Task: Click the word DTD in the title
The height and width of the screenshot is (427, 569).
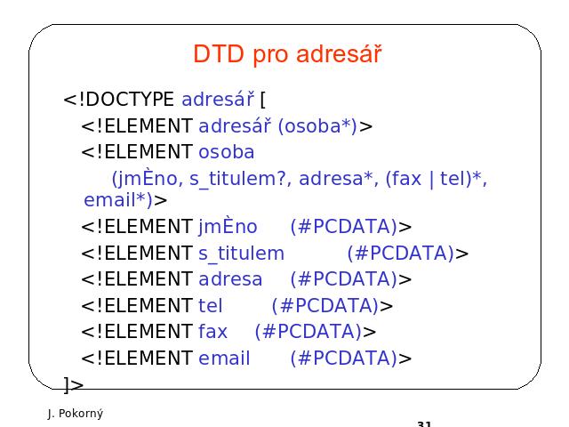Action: point(219,54)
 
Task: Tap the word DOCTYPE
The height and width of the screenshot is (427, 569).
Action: point(130,99)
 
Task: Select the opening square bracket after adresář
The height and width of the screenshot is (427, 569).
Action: point(263,100)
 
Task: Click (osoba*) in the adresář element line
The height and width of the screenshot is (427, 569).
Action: point(317,126)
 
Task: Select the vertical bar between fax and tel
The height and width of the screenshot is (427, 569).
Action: point(431,180)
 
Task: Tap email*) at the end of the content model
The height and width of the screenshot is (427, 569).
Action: point(118,200)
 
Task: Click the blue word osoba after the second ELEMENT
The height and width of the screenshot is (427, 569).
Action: point(227,152)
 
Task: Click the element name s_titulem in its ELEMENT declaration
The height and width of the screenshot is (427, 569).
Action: point(241,254)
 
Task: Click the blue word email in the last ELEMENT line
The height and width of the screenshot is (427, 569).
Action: point(224,358)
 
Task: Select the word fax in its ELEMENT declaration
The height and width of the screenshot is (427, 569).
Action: point(212,332)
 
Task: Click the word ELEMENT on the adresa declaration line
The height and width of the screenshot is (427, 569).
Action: point(148,279)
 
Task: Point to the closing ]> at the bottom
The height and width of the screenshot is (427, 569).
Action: point(74,385)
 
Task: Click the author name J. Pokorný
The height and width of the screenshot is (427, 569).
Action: point(76,414)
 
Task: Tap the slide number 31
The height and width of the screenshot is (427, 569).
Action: point(424,423)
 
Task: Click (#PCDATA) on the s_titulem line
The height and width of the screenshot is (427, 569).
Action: point(401,253)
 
